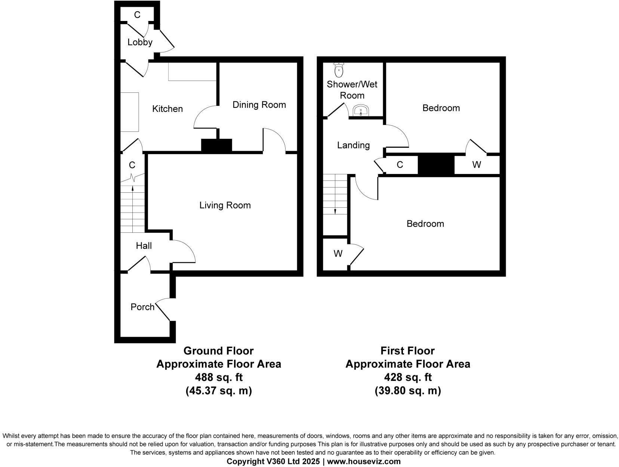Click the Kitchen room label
[x=167, y=109]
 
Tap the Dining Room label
[x=259, y=105]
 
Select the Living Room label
[x=225, y=205]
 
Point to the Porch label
[x=142, y=307]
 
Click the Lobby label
[x=140, y=42]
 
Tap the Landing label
[x=353, y=145]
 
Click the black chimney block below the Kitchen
[x=216, y=145]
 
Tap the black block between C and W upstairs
[x=436, y=165]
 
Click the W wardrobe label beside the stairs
[x=338, y=254]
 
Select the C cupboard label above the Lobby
[x=137, y=15]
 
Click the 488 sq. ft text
[x=219, y=377]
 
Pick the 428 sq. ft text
[x=408, y=377]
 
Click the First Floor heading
[x=407, y=351]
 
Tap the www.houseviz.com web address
[x=364, y=461]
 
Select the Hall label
[x=144, y=245]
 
